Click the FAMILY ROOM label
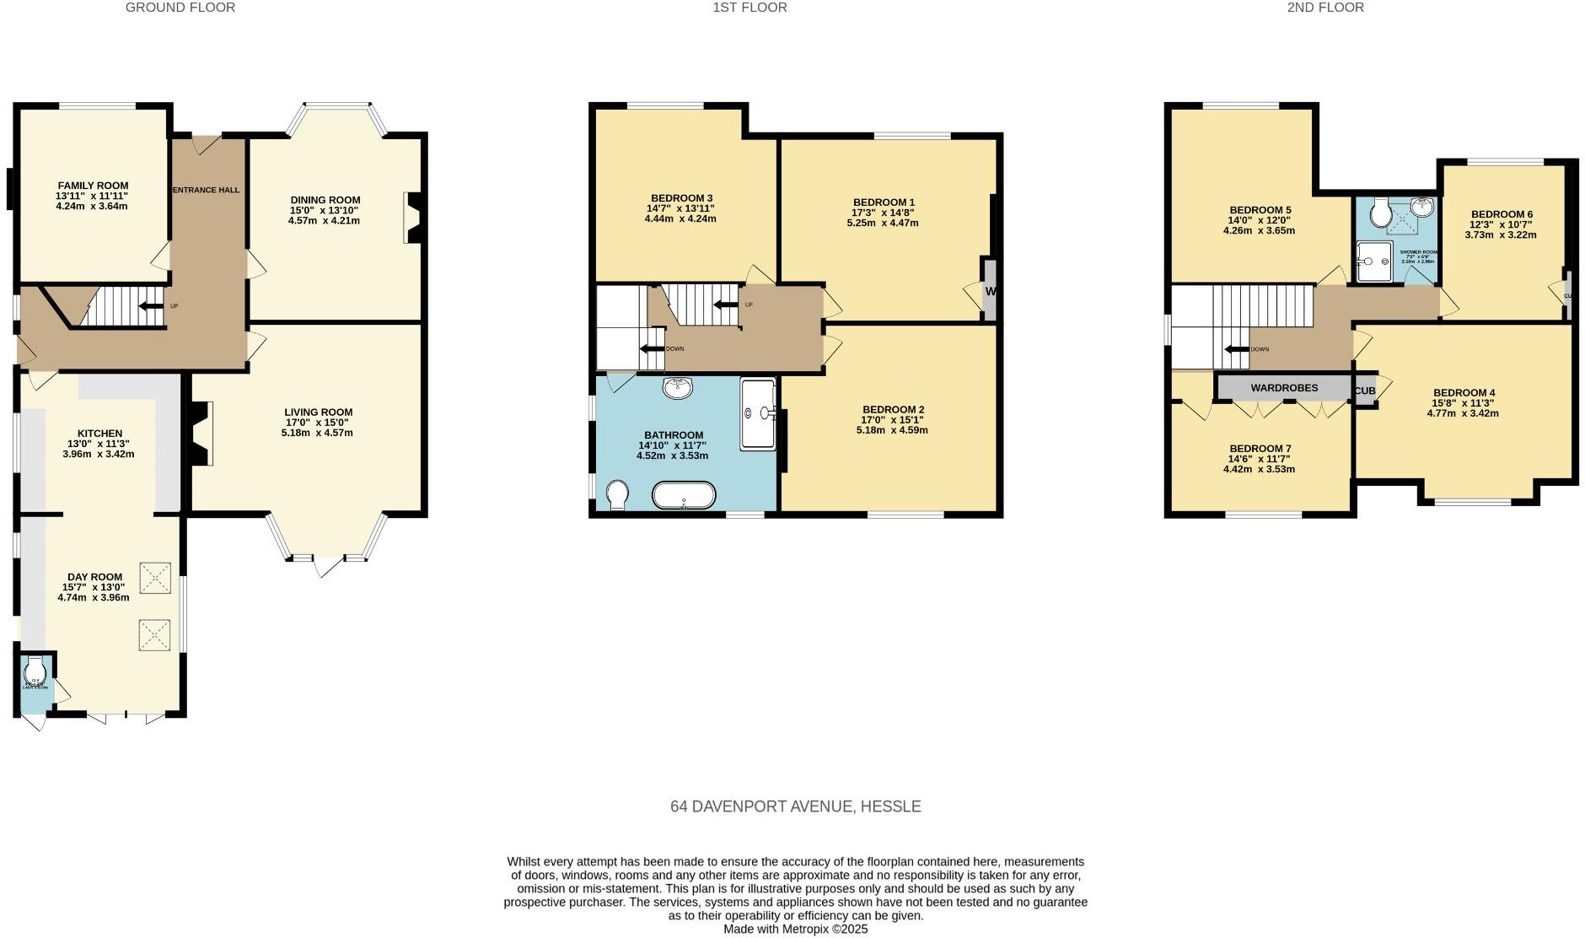(x=93, y=186)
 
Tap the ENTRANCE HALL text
(x=206, y=191)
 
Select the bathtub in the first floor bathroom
(x=684, y=496)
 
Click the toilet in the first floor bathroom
(x=617, y=495)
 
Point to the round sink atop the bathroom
(x=678, y=388)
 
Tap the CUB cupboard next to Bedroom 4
(x=1365, y=391)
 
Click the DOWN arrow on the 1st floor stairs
(x=652, y=349)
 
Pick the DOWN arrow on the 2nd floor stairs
(x=1237, y=349)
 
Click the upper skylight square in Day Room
(x=154, y=578)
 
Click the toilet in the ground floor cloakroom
(x=35, y=673)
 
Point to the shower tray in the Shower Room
(x=1376, y=261)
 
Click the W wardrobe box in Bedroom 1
(x=990, y=291)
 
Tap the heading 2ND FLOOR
(x=1325, y=8)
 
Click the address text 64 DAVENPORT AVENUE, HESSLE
(x=795, y=806)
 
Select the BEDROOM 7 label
(x=1260, y=449)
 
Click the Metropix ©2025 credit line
(x=795, y=930)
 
